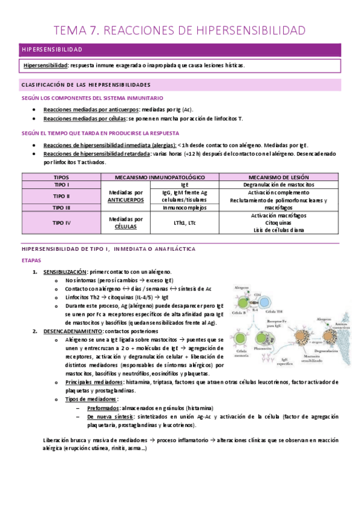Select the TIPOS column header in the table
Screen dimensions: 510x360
61,177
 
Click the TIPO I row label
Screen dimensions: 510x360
61,186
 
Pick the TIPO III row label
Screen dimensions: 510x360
61,207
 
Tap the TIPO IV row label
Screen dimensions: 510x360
61,223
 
